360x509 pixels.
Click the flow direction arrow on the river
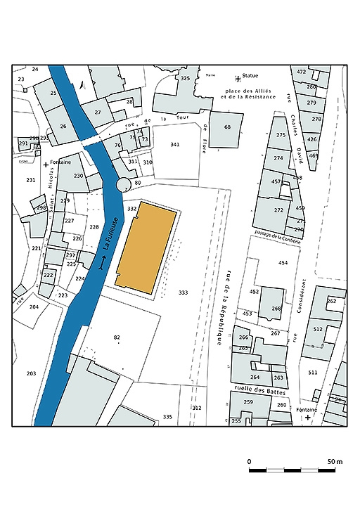tap(103, 266)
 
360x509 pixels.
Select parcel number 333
tap(183, 292)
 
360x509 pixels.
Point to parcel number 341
tap(175, 144)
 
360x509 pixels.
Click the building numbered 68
tap(227, 127)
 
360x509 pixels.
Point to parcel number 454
tap(283, 263)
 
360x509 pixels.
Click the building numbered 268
tap(276, 308)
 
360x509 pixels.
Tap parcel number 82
tap(117, 338)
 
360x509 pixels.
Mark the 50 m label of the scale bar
tap(334, 461)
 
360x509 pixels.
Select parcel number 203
tap(30, 373)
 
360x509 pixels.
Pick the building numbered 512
tap(317, 329)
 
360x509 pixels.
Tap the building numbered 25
tap(53, 93)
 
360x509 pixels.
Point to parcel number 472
tap(301, 72)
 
